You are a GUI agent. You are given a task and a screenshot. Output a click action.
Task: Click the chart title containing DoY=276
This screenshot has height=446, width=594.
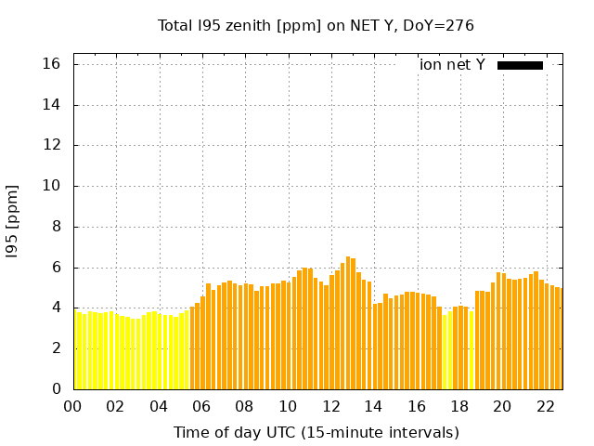(316, 25)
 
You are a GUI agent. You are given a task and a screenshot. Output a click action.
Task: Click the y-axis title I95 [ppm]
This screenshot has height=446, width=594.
(13, 222)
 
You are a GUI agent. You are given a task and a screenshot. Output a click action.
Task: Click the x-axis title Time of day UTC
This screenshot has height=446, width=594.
(316, 432)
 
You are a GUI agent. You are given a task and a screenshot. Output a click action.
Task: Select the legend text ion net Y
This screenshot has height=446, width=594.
(452, 65)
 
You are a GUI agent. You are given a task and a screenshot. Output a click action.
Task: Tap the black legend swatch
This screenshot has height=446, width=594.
(520, 65)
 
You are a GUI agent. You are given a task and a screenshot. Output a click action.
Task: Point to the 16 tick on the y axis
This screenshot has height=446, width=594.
(52, 64)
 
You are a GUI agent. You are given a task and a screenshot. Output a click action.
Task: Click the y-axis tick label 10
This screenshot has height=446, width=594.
(52, 186)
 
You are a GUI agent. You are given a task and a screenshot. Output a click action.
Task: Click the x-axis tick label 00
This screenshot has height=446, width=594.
(72, 406)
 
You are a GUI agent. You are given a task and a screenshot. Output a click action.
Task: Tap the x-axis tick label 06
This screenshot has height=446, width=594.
(201, 406)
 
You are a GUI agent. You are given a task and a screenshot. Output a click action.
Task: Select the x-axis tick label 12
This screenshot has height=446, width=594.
(330, 406)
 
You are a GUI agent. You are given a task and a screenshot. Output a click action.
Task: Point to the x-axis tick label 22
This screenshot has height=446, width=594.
(546, 406)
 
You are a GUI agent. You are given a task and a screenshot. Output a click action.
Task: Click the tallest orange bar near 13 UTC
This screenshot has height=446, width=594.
(348, 325)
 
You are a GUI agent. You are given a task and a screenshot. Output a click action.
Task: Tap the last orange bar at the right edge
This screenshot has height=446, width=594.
(561, 339)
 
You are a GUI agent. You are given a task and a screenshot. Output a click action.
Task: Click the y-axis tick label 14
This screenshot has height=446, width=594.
(52, 105)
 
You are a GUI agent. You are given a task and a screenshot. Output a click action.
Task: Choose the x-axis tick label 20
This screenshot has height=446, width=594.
(502, 406)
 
